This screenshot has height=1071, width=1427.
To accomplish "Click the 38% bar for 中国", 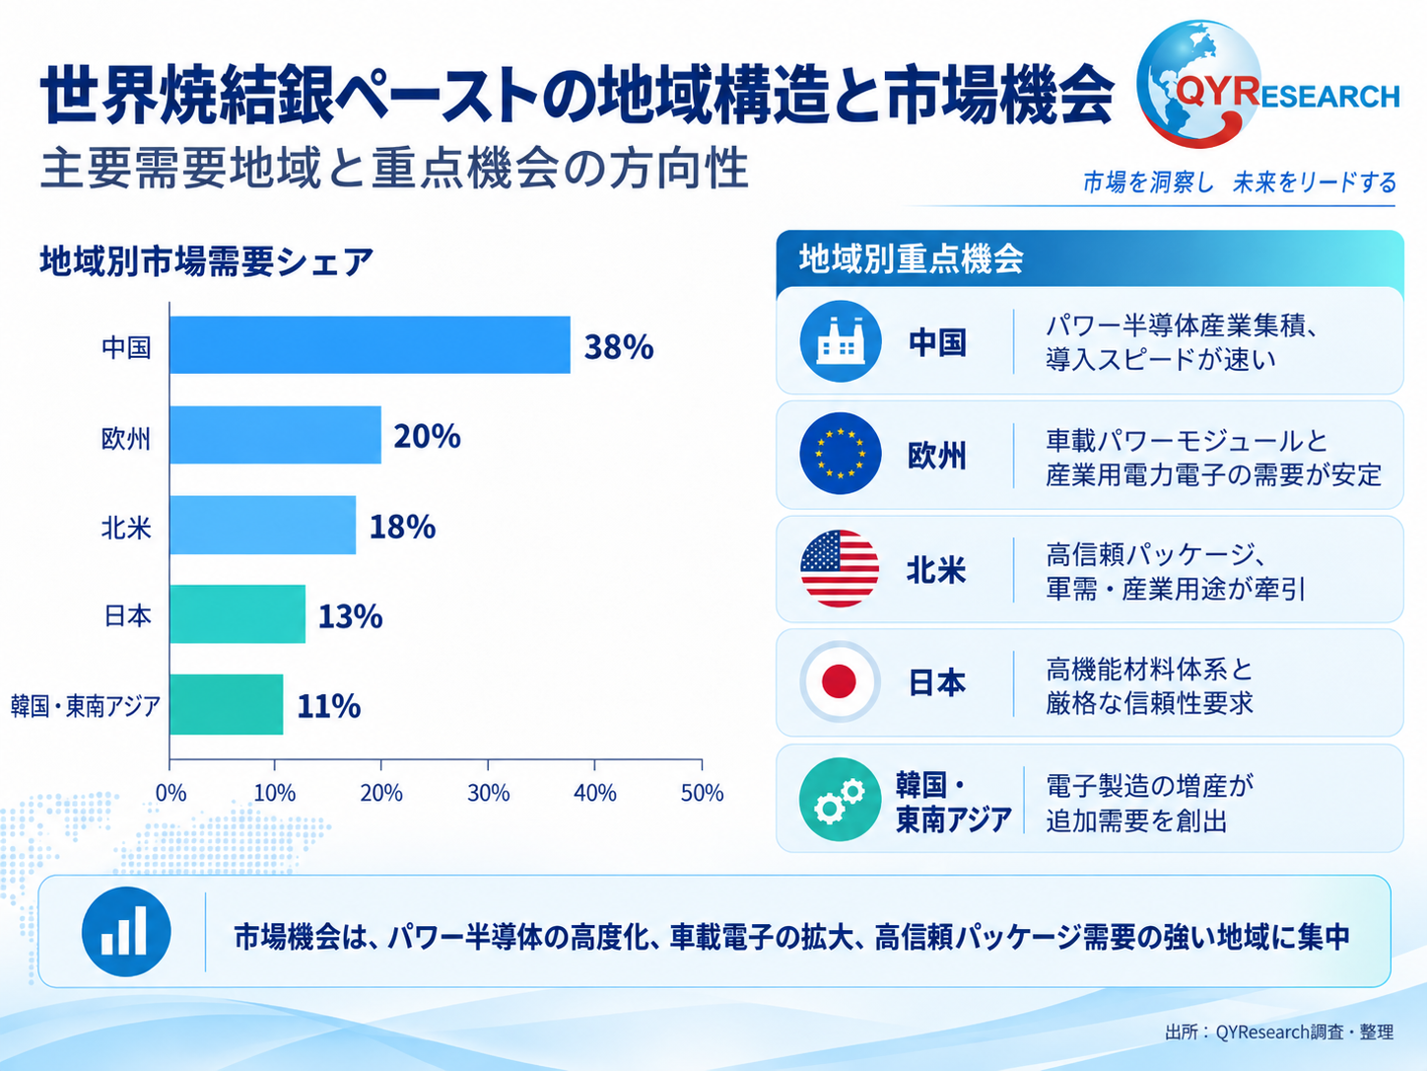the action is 370,345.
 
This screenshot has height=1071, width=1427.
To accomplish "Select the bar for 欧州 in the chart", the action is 276,435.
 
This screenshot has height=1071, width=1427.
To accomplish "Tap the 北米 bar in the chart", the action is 263,525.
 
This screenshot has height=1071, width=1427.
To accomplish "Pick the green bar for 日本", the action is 238,613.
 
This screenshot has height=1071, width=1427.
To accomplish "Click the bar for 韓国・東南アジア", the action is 227,704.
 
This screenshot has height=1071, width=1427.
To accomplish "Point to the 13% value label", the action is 351,616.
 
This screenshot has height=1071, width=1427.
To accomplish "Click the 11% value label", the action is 329,706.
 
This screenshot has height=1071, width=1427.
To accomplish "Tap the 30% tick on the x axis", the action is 488,793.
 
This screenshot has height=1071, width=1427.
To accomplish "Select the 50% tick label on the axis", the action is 702,793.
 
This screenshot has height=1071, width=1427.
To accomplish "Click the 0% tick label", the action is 170,793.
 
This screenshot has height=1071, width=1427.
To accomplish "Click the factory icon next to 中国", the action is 841,341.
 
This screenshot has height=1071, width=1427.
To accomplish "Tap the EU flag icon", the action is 841,454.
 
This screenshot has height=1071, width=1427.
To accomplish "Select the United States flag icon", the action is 840,568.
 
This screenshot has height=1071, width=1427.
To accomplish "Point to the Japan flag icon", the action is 840,681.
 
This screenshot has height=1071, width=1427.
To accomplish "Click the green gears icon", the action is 840,799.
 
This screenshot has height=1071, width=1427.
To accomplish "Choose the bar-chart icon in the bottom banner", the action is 126,932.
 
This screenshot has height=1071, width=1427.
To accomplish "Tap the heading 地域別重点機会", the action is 911,258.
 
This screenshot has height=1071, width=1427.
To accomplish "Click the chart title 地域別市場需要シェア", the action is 207,261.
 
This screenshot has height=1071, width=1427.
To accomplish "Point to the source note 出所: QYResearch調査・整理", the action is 1279,1032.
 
